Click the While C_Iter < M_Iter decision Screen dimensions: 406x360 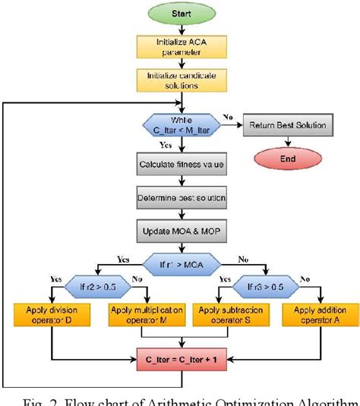181,124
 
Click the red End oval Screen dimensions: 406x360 288,159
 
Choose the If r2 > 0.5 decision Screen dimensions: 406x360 99,288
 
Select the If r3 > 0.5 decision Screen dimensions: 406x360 264,288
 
